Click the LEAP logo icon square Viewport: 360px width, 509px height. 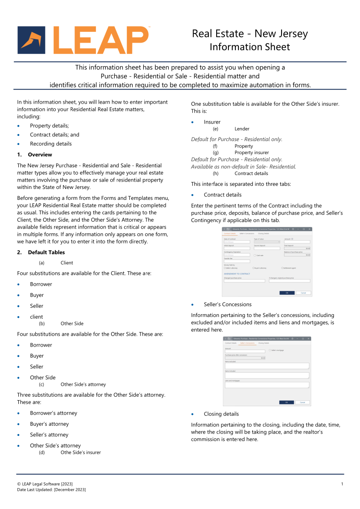point(31,40)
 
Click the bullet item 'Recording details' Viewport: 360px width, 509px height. point(51,144)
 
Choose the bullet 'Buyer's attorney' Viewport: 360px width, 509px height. point(49,424)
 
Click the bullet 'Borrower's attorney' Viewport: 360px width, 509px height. point(53,413)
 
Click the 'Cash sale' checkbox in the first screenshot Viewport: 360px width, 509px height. point(255,255)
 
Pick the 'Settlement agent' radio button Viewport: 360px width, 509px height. point(282,268)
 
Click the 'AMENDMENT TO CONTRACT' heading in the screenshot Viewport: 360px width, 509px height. point(237,273)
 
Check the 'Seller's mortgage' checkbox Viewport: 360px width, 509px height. point(270,350)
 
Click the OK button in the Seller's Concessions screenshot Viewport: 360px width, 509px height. point(286,402)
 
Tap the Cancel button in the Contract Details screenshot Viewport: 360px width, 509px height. point(303,293)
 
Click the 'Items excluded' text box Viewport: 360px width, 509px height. point(267,366)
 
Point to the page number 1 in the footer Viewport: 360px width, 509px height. point(342,484)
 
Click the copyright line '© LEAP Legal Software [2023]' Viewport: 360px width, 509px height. point(45,484)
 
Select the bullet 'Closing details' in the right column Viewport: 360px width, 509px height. point(221,414)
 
